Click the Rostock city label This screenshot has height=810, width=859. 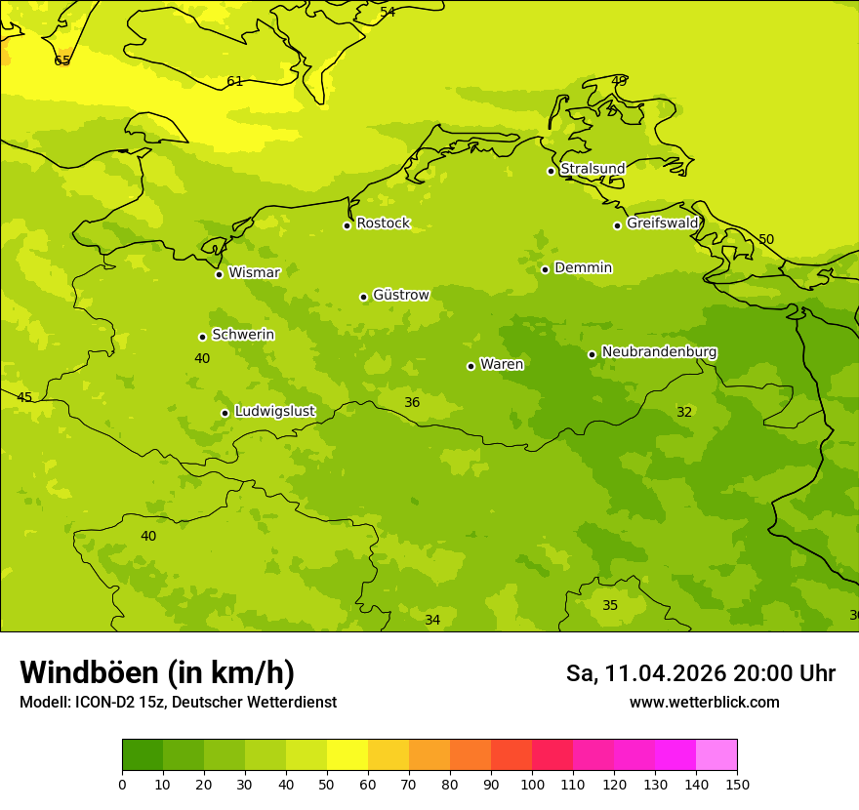[383, 223]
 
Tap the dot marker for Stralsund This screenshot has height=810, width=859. [551, 171]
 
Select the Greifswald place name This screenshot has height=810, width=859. [662, 223]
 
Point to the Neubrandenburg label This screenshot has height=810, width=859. [659, 352]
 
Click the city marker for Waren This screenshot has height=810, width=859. [470, 366]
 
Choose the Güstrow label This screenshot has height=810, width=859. [400, 295]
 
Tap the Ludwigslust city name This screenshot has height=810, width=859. [274, 412]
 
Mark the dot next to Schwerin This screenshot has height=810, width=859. [202, 337]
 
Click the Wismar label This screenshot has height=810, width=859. [254, 273]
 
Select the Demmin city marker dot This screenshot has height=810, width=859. [545, 269]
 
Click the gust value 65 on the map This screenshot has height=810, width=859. [62, 61]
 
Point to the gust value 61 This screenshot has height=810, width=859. [235, 81]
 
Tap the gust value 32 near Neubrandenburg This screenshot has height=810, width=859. [684, 412]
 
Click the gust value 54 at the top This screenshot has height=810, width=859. [388, 12]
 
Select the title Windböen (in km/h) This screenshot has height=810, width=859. [157, 672]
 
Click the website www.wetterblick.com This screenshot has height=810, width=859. [704, 703]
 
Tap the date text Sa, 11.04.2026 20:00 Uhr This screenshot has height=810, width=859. [700, 673]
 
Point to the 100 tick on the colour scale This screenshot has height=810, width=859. [532, 784]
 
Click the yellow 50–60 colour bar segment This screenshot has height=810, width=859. [348, 755]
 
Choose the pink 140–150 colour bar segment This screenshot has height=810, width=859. [716, 755]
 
